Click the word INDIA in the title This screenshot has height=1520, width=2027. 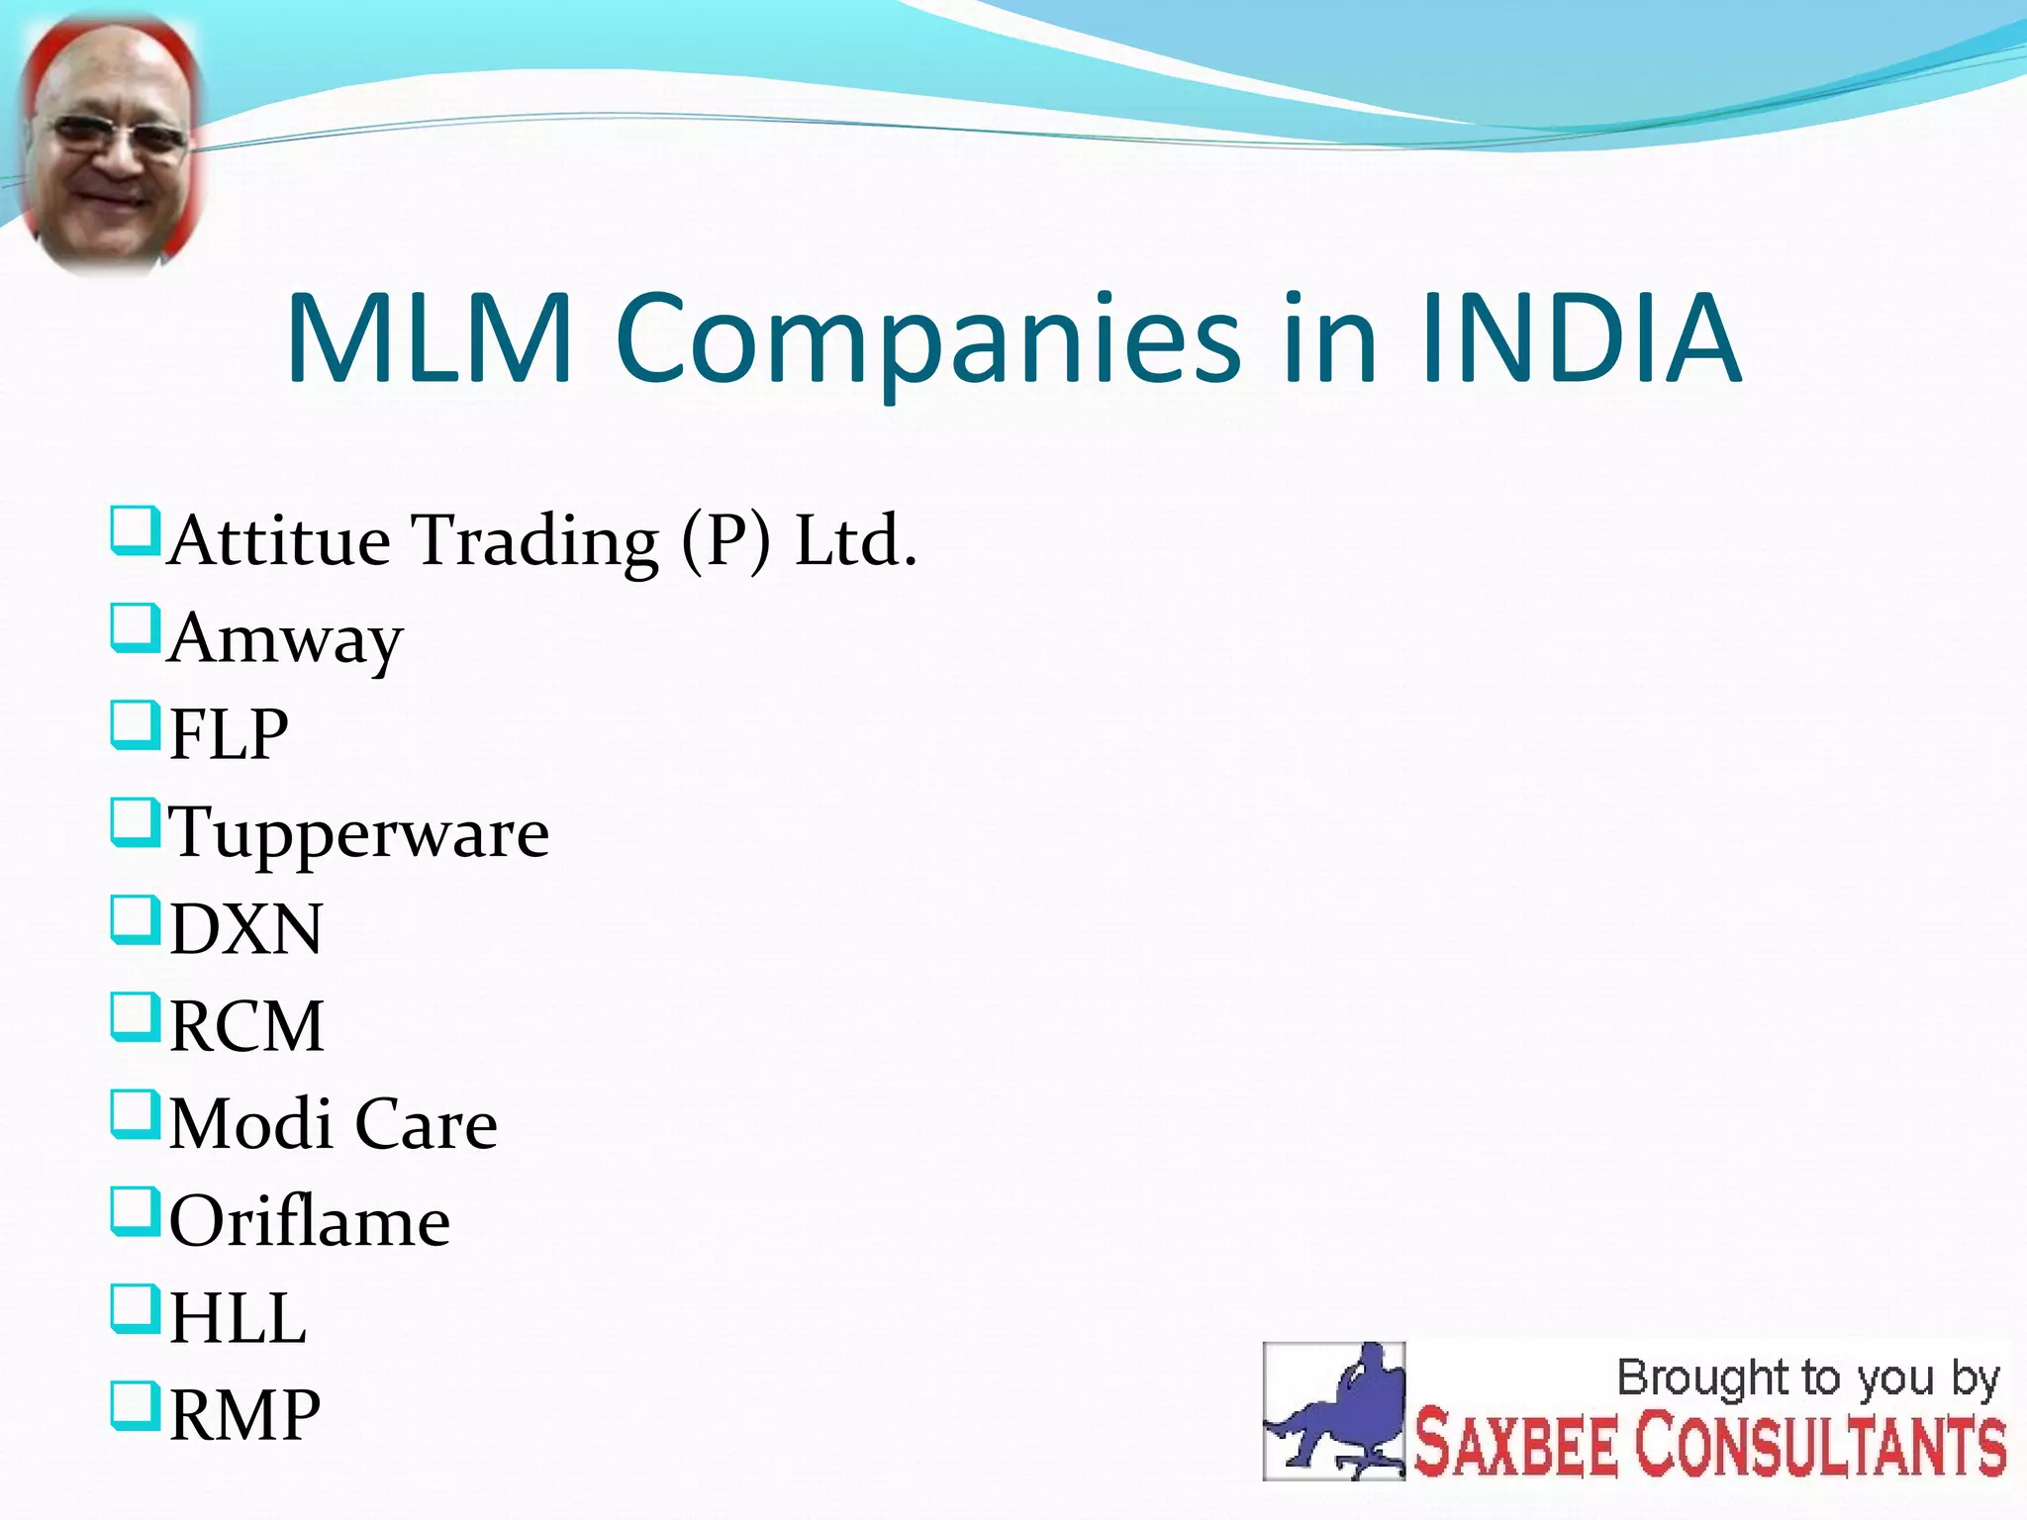[x=1580, y=338]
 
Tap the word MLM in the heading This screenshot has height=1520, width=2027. [x=430, y=338]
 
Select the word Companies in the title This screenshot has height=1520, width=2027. [x=927, y=338]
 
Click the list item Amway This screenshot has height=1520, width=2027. [x=286, y=639]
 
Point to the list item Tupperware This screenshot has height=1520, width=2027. [x=358, y=833]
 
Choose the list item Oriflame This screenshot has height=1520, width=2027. [x=310, y=1221]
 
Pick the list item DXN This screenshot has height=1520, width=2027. [x=245, y=929]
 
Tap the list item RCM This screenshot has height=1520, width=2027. [x=246, y=1026]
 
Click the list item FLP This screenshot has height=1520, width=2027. [x=229, y=735]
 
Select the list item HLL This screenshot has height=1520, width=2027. [x=238, y=1318]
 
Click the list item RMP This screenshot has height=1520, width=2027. [x=244, y=1415]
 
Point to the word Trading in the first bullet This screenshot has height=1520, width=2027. [x=535, y=541]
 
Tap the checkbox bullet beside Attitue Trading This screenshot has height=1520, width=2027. [x=135, y=531]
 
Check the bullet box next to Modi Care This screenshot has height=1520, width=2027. [x=135, y=1114]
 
